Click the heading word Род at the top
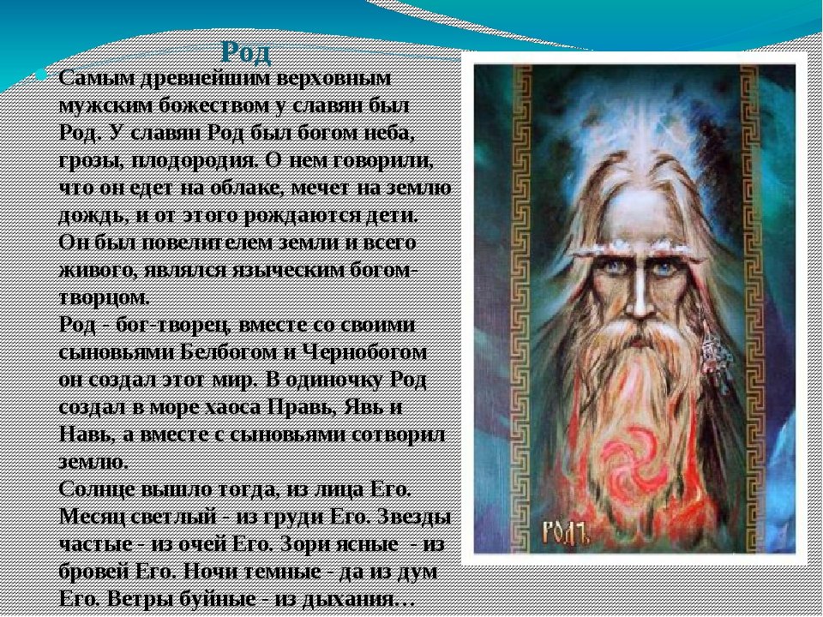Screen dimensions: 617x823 click(246, 52)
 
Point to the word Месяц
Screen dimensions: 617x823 click(92, 517)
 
